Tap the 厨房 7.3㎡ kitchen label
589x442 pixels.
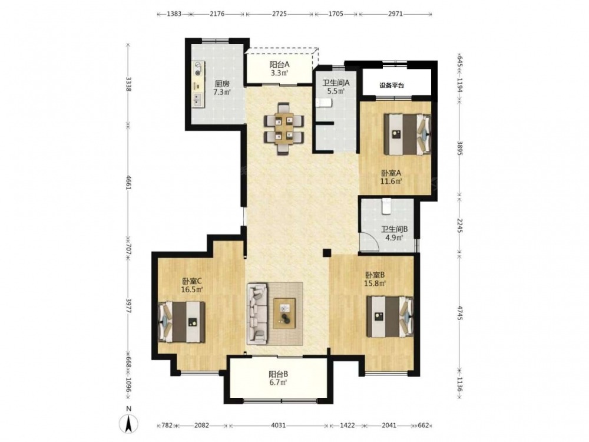(x=222, y=88)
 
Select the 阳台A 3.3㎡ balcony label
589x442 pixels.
(x=279, y=68)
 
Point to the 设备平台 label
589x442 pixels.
(x=392, y=85)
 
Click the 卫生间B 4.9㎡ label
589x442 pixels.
(x=395, y=233)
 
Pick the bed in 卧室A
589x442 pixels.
(x=407, y=134)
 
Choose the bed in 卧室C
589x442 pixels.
(x=181, y=322)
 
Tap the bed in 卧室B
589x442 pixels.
(x=390, y=316)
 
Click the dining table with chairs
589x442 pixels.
(x=284, y=128)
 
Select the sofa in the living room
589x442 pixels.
(x=257, y=314)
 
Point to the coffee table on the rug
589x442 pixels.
(x=285, y=313)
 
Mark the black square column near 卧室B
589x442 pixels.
(x=326, y=253)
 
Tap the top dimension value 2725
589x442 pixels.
(x=279, y=14)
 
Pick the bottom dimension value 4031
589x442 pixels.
(x=279, y=425)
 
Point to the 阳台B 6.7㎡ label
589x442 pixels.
(x=279, y=378)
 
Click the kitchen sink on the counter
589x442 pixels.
(x=197, y=100)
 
